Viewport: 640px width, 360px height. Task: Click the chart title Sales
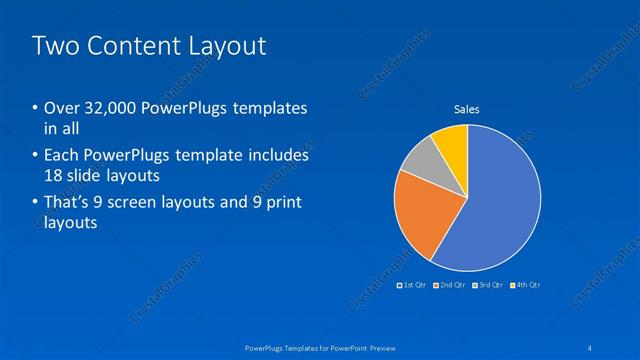pos(467,109)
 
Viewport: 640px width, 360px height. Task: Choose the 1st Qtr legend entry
pos(415,285)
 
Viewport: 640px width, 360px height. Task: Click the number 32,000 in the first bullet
pos(103,108)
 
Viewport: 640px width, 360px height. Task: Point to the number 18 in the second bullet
pos(55,177)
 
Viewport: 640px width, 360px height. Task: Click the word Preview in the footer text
pos(376,347)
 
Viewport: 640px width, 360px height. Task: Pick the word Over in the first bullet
pos(61,108)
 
